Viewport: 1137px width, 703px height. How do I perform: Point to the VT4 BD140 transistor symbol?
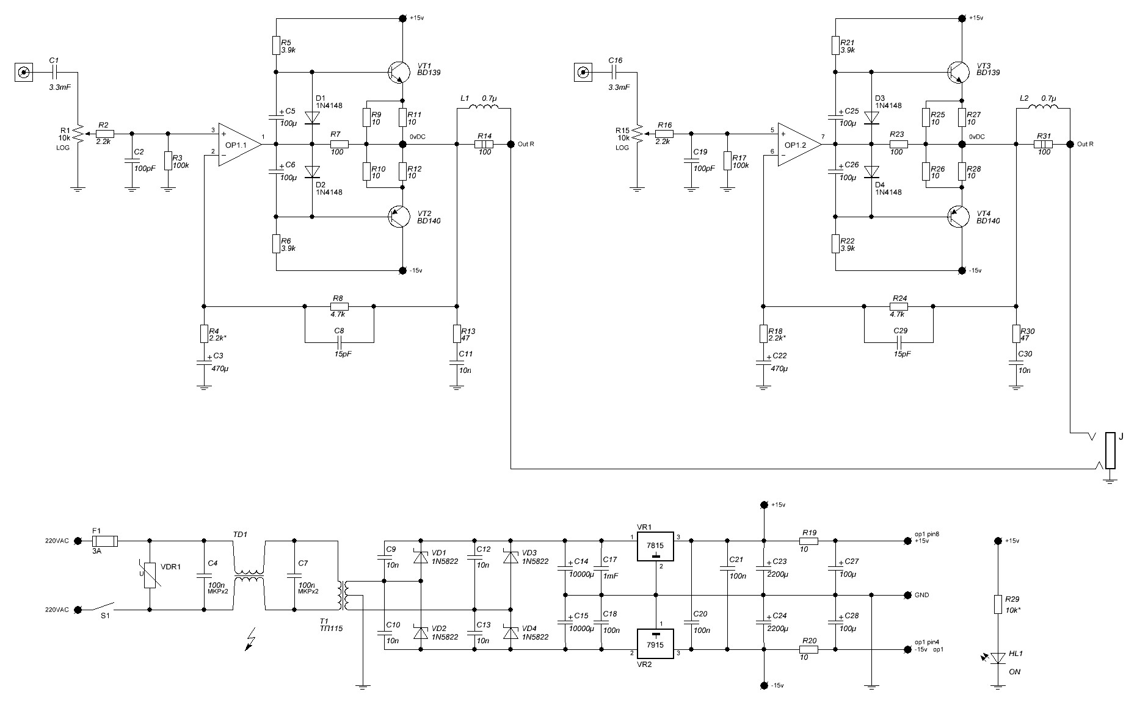(x=958, y=216)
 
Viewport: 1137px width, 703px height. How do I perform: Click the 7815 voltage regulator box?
(x=656, y=546)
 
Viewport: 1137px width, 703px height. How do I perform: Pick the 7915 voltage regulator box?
(x=656, y=644)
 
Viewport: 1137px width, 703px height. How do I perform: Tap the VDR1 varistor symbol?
(x=150, y=575)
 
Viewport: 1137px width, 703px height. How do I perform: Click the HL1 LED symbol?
(x=998, y=658)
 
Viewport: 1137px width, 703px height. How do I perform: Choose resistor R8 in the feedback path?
(x=339, y=306)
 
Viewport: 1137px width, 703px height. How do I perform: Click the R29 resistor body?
(x=998, y=604)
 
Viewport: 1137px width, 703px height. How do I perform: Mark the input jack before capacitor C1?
(x=24, y=73)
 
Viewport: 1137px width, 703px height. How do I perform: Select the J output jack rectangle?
(x=1110, y=451)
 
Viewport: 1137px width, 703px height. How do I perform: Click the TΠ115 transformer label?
(x=331, y=628)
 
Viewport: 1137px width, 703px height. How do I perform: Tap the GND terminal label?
(x=921, y=595)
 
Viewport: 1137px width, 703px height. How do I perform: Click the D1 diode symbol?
(x=312, y=118)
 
